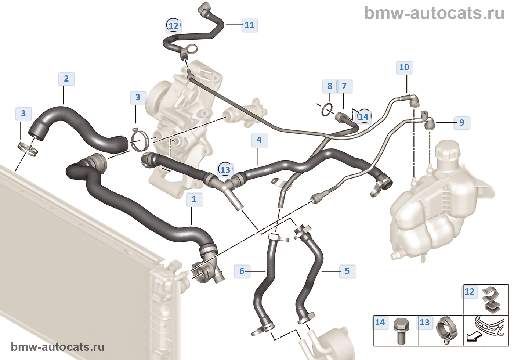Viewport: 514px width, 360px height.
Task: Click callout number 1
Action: point(194,199)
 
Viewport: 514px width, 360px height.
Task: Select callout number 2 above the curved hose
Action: point(66,79)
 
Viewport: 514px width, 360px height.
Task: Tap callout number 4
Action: point(259,140)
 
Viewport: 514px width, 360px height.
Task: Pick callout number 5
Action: point(347,271)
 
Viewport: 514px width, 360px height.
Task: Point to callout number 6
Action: point(242,271)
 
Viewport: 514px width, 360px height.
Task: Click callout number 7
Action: point(344,86)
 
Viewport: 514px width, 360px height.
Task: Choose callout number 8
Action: point(330,86)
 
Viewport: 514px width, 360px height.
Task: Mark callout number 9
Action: point(461,123)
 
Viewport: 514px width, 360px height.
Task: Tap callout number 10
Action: point(404,68)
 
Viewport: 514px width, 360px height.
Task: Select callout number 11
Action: point(250,25)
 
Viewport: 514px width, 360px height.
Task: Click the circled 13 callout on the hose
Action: point(225,170)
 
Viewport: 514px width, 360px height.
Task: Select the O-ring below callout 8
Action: point(326,109)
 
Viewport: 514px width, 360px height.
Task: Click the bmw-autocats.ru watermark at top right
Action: point(434,13)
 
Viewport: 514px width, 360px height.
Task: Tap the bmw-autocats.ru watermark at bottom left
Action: point(58,347)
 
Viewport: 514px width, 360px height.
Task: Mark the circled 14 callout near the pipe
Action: point(363,117)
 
